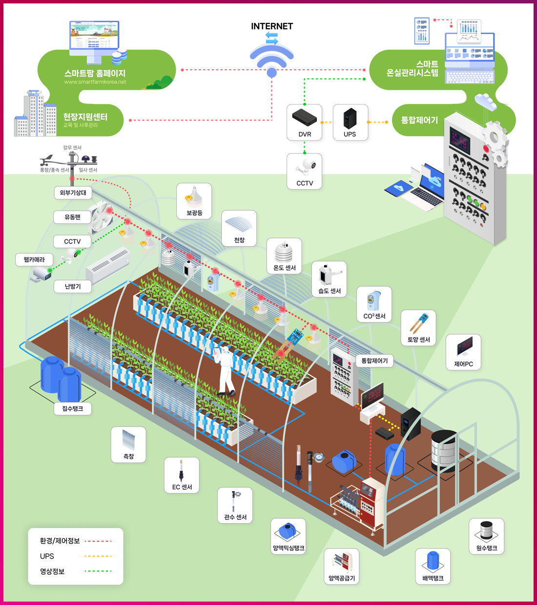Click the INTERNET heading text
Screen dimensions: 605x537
click(x=272, y=26)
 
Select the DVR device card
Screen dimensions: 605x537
click(x=305, y=122)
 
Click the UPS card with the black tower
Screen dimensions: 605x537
click(x=350, y=122)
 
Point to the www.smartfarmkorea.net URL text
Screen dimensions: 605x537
click(x=95, y=82)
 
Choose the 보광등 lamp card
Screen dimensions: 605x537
click(x=194, y=201)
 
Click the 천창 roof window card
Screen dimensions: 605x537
click(x=239, y=228)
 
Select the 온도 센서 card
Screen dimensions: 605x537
click(x=285, y=256)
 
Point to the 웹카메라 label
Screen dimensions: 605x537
click(x=34, y=260)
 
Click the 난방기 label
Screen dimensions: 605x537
click(x=73, y=286)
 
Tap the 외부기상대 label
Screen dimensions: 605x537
click(x=73, y=193)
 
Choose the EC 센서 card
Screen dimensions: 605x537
click(x=182, y=475)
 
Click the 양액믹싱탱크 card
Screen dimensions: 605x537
click(x=289, y=536)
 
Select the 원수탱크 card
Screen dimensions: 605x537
click(x=487, y=536)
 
